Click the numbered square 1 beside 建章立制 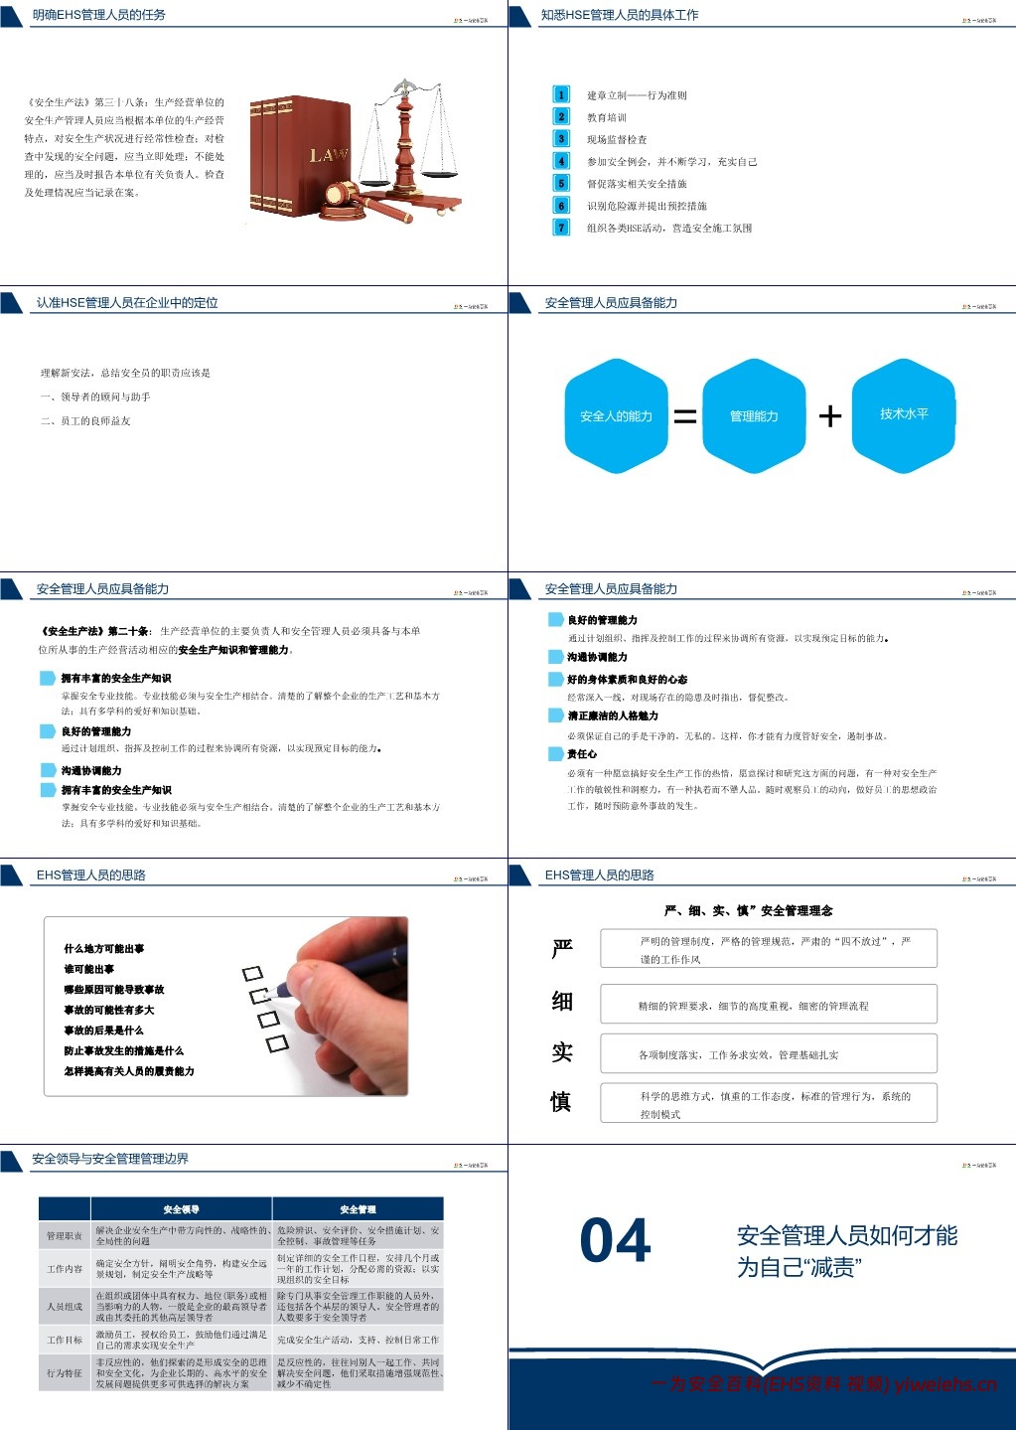561,94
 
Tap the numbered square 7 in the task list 561,228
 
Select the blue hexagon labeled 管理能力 754,415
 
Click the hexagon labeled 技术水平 904,413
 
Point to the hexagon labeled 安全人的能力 616,415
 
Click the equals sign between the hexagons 685,416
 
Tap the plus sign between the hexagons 829,415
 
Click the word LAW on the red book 328,155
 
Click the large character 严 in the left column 562,949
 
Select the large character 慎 561,1101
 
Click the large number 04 615,1241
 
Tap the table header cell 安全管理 358,1209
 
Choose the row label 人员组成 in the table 65,1307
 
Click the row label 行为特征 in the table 65,1372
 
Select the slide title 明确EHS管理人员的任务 98,15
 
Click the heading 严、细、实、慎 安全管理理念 748,910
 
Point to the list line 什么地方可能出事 104,949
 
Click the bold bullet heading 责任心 582,754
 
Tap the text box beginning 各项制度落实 768,1054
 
